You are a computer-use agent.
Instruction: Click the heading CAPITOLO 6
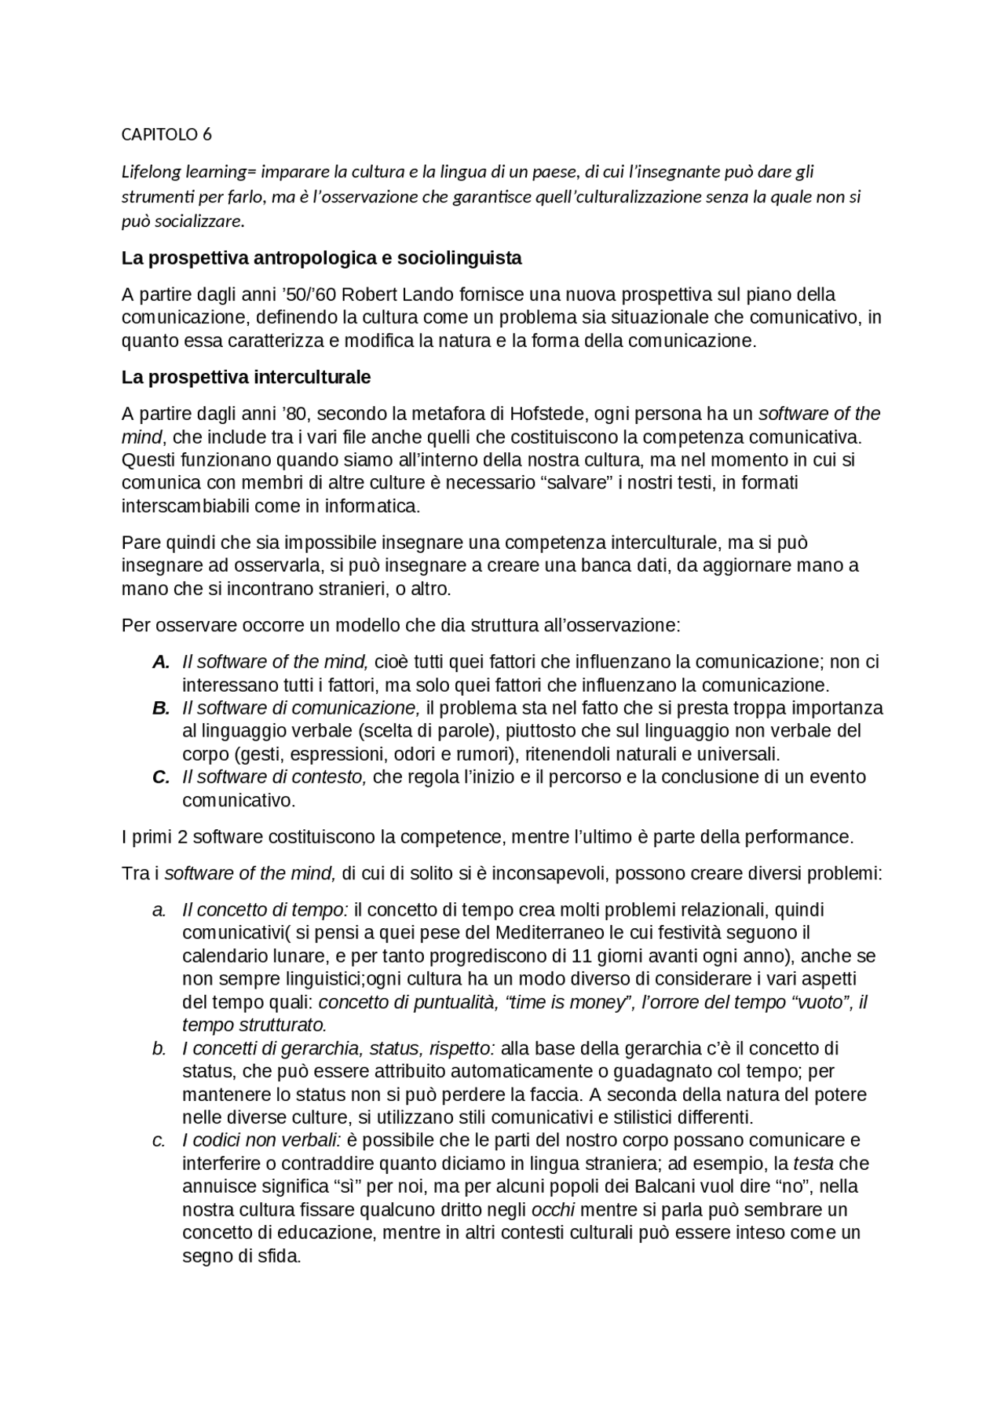click(x=166, y=134)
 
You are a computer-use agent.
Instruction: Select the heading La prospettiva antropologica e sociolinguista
click(x=321, y=258)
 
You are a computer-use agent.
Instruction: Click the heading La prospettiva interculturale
click(x=246, y=377)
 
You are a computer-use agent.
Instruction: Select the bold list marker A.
click(x=161, y=661)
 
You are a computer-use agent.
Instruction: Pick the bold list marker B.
click(x=161, y=707)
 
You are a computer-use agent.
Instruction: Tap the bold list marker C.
click(x=161, y=777)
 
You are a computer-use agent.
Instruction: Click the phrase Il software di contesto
click(x=274, y=777)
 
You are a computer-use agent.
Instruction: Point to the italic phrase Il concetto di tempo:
click(x=265, y=909)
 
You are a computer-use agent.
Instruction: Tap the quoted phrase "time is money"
click(x=571, y=1002)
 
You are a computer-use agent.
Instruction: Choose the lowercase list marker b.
click(x=159, y=1048)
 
